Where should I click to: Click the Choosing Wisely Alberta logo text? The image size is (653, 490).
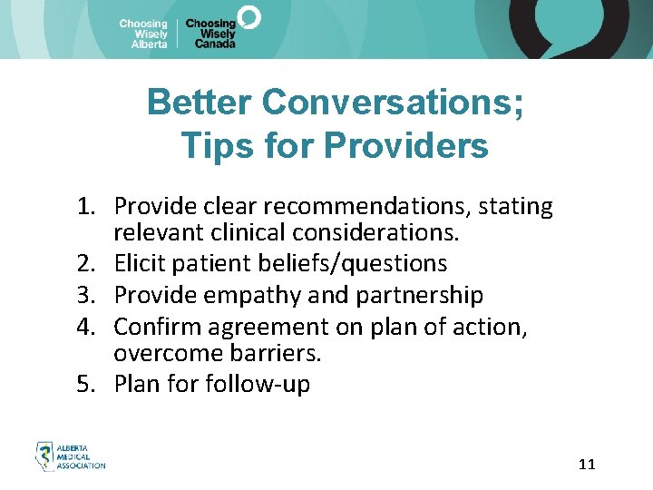pyautogui.click(x=143, y=34)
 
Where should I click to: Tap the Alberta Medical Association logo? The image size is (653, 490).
pyautogui.click(x=70, y=456)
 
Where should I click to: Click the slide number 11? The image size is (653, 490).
pyautogui.click(x=587, y=465)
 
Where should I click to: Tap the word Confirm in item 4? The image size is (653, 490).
pyautogui.click(x=152, y=325)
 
